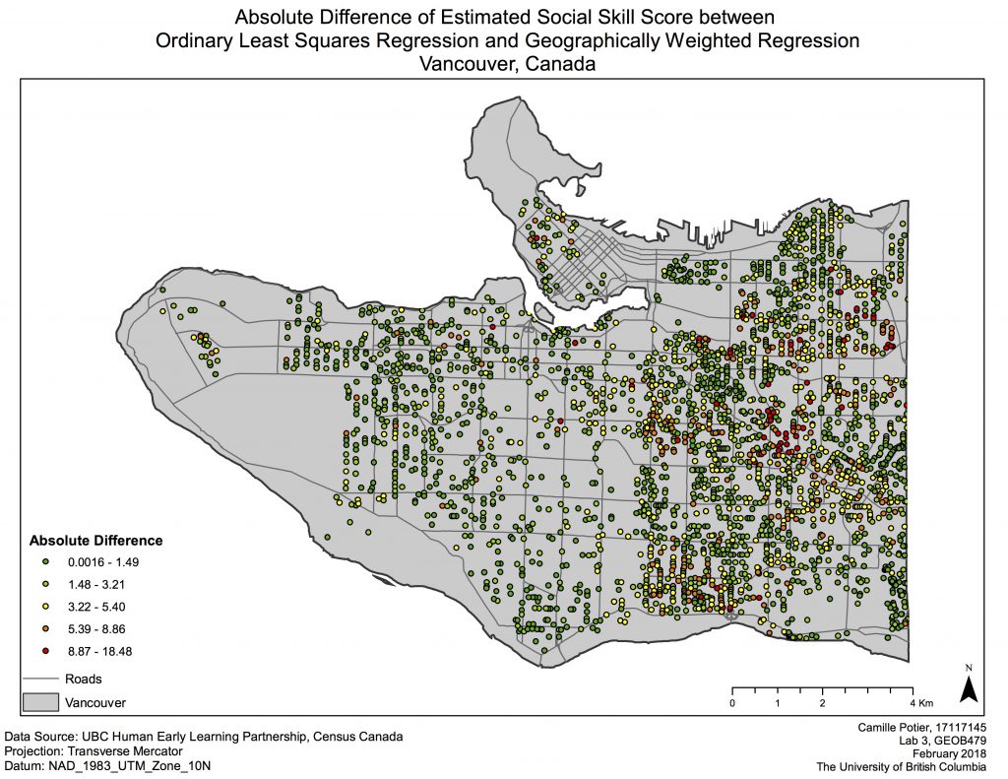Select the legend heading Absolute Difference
[95, 541]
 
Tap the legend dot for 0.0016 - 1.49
[46, 561]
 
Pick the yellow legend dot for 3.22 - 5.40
[46, 607]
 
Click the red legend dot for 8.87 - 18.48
[46, 652]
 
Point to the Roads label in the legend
[84, 679]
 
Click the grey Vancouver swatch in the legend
[40, 702]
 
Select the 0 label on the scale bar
[731, 703]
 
